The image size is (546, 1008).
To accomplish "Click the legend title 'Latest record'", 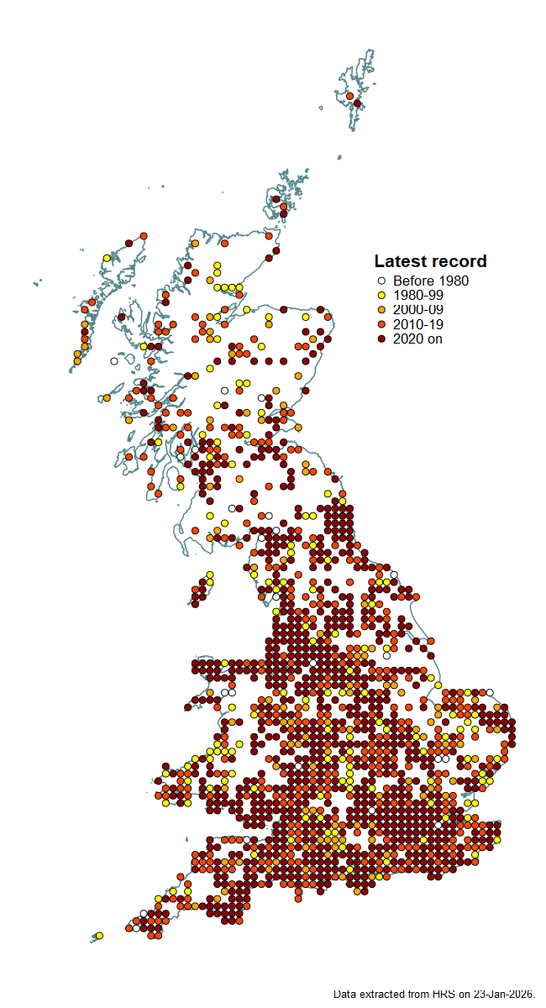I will pyautogui.click(x=430, y=261).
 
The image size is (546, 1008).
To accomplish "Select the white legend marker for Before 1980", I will pyautogui.click(x=381, y=281).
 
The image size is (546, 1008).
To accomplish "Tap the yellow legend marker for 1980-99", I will pyautogui.click(x=381, y=296).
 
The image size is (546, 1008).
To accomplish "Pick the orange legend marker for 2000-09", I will pyautogui.click(x=381, y=310).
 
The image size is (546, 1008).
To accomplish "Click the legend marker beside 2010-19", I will pyautogui.click(x=381, y=324).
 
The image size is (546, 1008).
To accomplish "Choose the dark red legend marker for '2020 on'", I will pyautogui.click(x=381, y=339).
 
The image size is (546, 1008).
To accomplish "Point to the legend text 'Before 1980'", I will pyautogui.click(x=431, y=281).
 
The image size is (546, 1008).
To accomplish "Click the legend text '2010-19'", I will pyautogui.click(x=418, y=324).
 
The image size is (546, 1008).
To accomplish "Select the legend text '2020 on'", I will pyautogui.click(x=417, y=339).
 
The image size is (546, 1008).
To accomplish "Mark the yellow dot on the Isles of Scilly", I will pyautogui.click(x=99, y=935).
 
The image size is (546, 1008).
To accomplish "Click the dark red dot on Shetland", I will pyautogui.click(x=357, y=103).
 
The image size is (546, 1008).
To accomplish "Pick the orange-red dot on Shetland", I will pyautogui.click(x=349, y=96).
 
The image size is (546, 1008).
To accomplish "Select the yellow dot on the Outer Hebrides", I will pyautogui.click(x=106, y=258).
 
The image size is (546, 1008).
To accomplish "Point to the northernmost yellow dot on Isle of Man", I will pyautogui.click(x=210, y=575).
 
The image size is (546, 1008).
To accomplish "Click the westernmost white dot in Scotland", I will pyautogui.click(x=113, y=361).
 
